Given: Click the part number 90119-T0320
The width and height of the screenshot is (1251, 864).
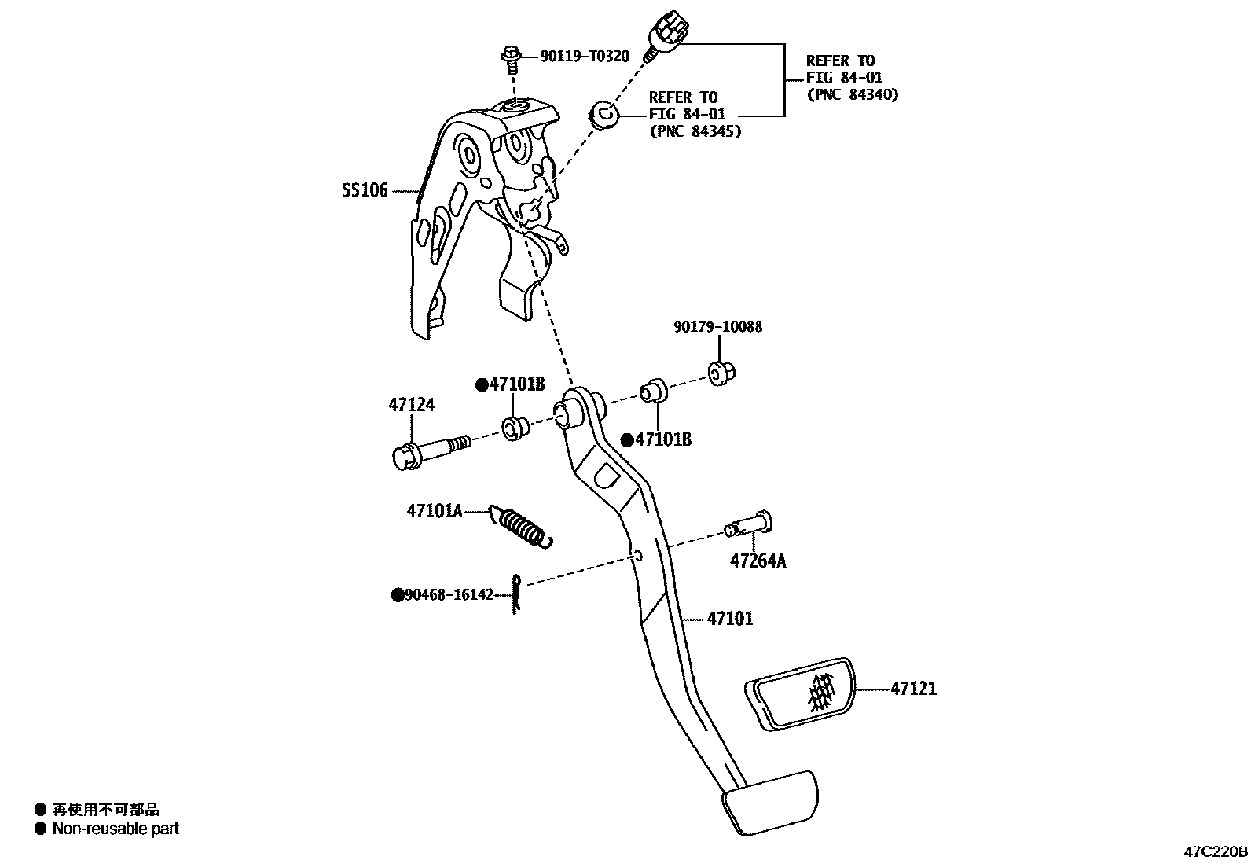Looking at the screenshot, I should click(x=585, y=56).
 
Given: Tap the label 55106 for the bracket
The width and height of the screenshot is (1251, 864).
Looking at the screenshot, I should click(x=365, y=190).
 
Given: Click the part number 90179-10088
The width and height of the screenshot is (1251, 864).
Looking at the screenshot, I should click(x=717, y=326).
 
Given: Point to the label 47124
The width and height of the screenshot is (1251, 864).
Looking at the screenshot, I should click(x=411, y=405).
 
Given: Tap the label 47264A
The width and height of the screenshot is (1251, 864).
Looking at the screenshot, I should click(x=758, y=561).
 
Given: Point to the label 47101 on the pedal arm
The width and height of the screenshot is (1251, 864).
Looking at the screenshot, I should click(x=730, y=619).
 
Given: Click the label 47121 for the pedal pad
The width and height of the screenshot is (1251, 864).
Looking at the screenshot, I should click(x=913, y=689).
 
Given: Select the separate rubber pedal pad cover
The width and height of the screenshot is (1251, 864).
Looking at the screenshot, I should click(x=799, y=692).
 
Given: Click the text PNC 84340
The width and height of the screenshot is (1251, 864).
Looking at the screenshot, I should click(x=852, y=94).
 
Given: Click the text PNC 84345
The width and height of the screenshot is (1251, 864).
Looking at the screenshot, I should click(x=695, y=131).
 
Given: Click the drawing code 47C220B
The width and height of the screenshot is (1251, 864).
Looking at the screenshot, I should click(x=1216, y=851).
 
